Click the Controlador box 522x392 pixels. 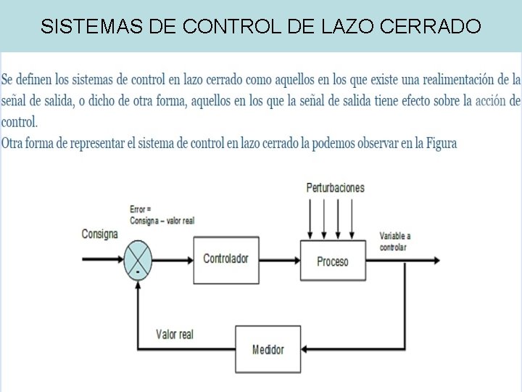[x=225, y=259]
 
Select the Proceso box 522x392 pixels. [x=332, y=261]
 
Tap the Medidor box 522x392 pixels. [x=268, y=349]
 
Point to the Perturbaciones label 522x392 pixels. [x=335, y=187]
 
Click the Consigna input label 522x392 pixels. [x=99, y=234]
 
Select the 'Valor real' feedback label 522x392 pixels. [x=175, y=334]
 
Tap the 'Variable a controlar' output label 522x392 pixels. [x=395, y=241]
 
